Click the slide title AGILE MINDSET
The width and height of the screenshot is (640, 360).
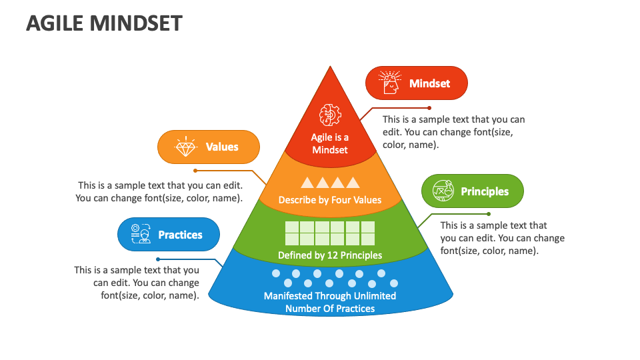(104, 23)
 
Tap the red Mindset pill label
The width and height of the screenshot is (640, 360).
(417, 83)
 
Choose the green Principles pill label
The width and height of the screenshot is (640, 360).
(473, 191)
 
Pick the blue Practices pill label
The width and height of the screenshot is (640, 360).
(169, 235)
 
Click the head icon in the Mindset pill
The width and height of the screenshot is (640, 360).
(391, 83)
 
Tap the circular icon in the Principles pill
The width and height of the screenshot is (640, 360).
(443, 191)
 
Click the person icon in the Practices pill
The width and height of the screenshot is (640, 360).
(140, 235)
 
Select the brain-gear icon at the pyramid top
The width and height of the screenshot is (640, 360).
(330, 115)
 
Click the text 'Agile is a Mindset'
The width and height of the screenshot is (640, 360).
(330, 143)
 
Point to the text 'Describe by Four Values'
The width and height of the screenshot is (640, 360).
(330, 199)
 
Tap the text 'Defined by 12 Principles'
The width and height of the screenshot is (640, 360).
(330, 255)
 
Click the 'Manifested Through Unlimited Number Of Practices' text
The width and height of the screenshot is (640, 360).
(330, 302)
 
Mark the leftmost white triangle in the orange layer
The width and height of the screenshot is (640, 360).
(307, 183)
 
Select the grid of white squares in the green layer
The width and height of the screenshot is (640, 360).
(330, 233)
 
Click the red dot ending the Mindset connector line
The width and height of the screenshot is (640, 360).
(429, 107)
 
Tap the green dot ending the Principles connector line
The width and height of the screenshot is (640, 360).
(488, 214)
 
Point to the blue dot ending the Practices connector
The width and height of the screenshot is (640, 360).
(158, 259)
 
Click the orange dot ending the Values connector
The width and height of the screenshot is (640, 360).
(195, 171)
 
